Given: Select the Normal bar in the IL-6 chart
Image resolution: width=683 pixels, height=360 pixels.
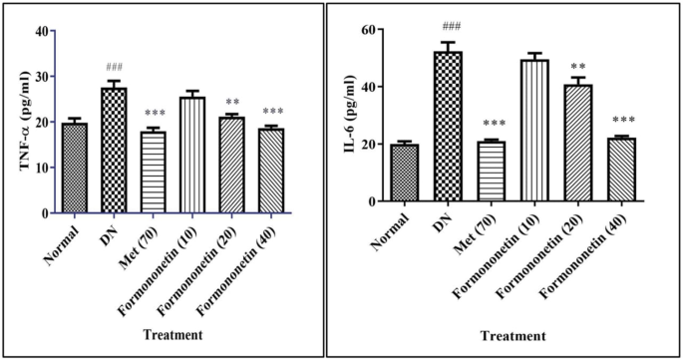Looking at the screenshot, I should pyautogui.click(x=405, y=174).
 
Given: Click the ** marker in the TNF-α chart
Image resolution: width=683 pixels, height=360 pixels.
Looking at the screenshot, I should pyautogui.click(x=232, y=103).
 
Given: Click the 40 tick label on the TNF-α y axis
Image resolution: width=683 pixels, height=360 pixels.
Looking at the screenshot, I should pyautogui.click(x=42, y=31).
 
